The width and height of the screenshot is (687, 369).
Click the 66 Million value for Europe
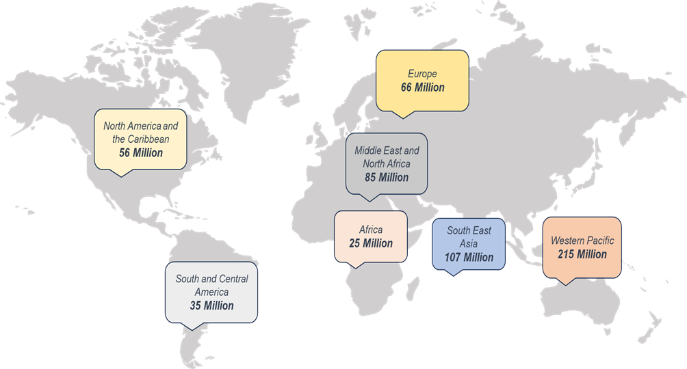[422, 87]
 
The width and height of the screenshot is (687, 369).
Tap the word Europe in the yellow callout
[422, 74]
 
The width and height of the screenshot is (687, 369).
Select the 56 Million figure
[141, 152]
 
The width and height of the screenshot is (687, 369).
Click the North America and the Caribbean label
[141, 133]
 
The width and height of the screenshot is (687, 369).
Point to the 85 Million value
[387, 178]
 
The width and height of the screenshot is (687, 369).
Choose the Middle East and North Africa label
[387, 156]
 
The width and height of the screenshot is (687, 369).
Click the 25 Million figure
[371, 243]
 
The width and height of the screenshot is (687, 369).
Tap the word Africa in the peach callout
[371, 230]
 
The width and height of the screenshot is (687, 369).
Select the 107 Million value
[469, 258]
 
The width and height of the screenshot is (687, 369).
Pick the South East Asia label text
[469, 236]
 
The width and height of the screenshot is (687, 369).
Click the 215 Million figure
[582, 254]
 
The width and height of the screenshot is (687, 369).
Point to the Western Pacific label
[582, 241]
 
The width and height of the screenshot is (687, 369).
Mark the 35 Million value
[211, 305]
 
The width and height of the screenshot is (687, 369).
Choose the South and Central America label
[211, 285]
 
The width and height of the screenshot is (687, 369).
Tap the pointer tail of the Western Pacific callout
[566, 281]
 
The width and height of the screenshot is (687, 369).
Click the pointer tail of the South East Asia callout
[451, 272]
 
